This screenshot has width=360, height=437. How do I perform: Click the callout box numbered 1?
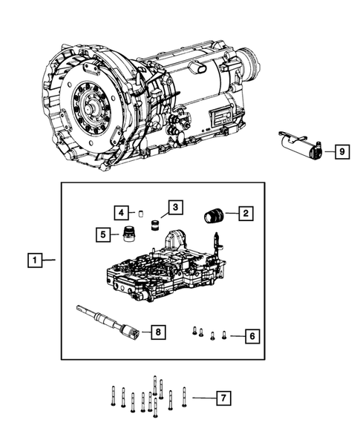pyautogui.click(x=33, y=260)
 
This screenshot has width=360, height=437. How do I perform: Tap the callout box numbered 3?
pyautogui.click(x=174, y=207)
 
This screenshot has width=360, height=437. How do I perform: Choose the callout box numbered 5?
pyautogui.click(x=101, y=234)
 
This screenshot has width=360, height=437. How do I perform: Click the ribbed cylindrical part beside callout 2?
pyautogui.click(x=214, y=216)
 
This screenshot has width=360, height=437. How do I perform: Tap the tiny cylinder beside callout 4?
pyautogui.click(x=140, y=214)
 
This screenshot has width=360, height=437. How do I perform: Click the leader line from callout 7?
pyautogui.click(x=201, y=398)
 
